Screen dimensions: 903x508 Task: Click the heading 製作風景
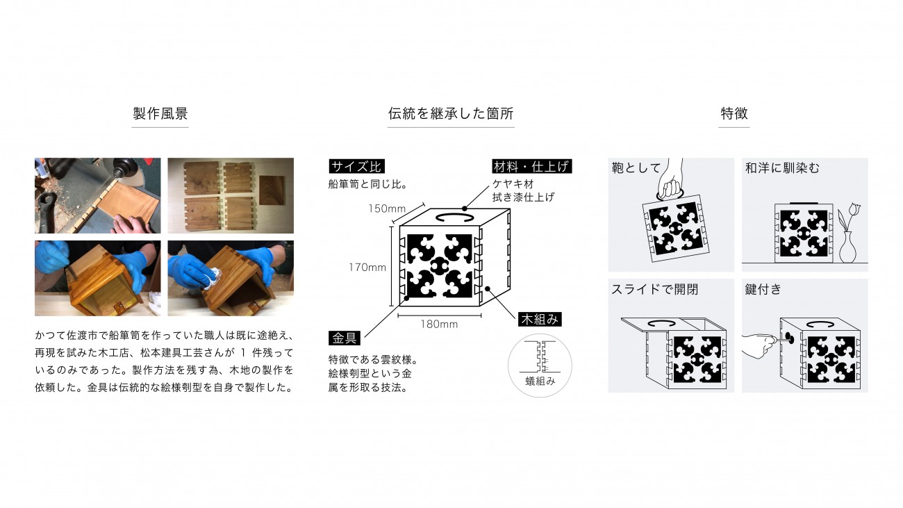point(160,113)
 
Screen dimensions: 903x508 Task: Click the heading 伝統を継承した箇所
point(451,113)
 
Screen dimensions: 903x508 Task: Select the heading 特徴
point(734,113)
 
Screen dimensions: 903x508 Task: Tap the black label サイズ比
point(356,167)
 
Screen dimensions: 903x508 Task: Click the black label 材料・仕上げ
point(531,167)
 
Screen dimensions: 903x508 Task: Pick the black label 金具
point(345,338)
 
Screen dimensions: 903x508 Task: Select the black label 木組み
point(540,319)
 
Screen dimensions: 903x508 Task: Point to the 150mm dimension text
point(387,208)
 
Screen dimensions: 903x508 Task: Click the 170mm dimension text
point(367,268)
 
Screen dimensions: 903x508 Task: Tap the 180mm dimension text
point(439,324)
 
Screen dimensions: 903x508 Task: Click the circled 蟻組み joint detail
point(540,366)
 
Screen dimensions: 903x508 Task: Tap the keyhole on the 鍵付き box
point(789,339)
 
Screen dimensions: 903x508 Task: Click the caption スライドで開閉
point(654,290)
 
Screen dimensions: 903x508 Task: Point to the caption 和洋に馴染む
point(782,167)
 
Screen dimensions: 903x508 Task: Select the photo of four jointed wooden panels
point(231,195)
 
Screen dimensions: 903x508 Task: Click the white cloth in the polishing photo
point(212,278)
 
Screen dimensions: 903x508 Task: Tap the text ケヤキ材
point(513,184)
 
